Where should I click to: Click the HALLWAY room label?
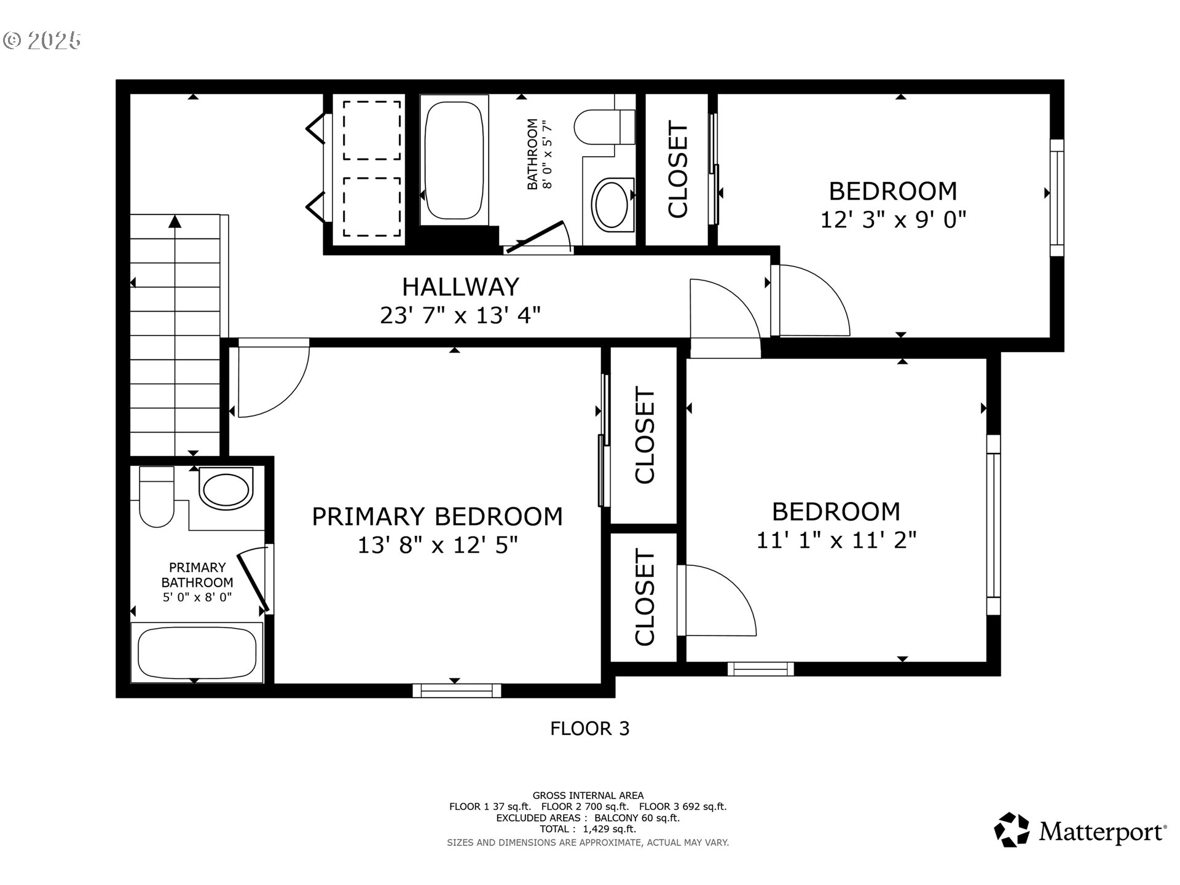point(460,287)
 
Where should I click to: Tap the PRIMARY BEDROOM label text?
point(437,516)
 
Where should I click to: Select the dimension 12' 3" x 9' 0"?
point(893,219)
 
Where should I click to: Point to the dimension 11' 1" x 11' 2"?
point(836,540)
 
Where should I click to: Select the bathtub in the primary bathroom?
point(197,653)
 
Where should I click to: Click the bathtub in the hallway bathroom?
point(454,161)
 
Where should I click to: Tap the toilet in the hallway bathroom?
point(604,127)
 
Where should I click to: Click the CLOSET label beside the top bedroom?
point(678,170)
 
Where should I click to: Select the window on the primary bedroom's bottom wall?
point(456,690)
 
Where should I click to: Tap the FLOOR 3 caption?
point(589,729)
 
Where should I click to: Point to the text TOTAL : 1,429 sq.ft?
point(588,829)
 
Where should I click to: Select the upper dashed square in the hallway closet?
point(371,130)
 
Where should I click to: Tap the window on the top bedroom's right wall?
point(1056,198)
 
